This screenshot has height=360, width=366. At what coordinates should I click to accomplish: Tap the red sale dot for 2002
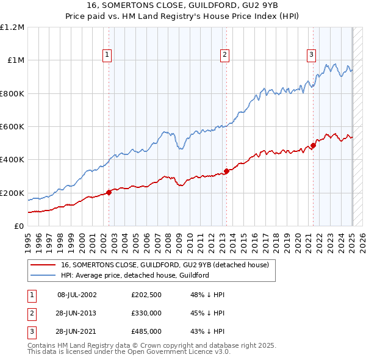tap(109, 192)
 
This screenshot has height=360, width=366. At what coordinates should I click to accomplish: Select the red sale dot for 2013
tap(226, 171)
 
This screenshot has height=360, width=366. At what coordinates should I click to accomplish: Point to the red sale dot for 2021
tap(313, 145)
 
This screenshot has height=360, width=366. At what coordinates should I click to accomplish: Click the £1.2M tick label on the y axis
tap(12, 27)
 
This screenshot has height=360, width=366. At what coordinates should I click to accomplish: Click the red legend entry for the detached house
tap(168, 265)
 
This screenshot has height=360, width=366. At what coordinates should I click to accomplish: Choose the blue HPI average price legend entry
tap(135, 275)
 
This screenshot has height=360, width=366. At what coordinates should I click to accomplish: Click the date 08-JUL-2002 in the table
tap(77, 295)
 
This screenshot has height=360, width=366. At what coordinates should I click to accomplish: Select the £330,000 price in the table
tap(146, 313)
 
